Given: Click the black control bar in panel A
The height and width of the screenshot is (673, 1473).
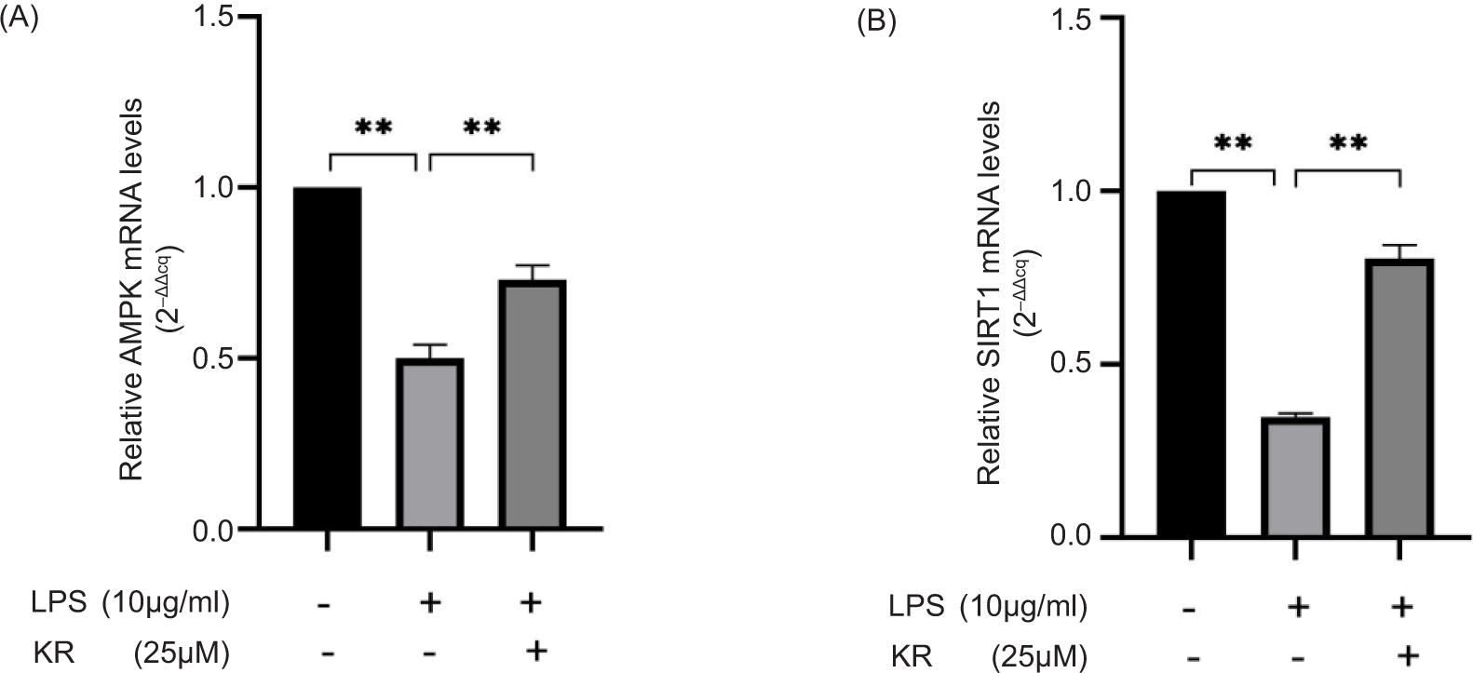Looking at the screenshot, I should pos(327,358).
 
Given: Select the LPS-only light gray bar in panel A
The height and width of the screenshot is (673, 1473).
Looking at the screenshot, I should pos(429,444).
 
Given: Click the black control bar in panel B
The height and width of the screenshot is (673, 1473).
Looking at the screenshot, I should pos(1192,363).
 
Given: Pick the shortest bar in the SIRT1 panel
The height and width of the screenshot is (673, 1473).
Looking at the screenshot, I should pos(1295,477).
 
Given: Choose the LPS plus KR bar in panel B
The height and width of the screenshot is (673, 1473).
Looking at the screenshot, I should pos(1399,397).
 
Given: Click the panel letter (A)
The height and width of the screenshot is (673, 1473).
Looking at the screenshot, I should pos(20,18).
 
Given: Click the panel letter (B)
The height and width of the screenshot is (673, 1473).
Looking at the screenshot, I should pos(877,20).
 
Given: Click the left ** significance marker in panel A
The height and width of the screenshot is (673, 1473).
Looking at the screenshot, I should pos(373,128).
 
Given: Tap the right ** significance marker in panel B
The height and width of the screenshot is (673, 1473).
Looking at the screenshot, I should pos(1347,144).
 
